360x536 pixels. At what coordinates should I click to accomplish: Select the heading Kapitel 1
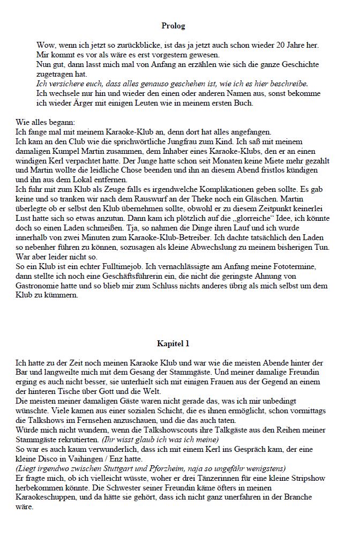point(173,343)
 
